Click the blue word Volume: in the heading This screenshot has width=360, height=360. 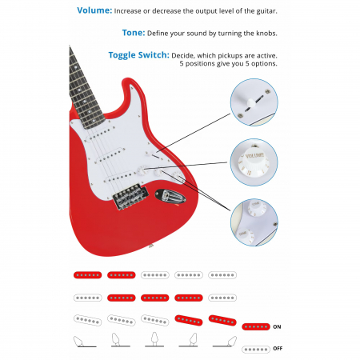(94, 10)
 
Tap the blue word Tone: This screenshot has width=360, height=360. (134, 33)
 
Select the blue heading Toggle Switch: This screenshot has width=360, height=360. (138, 55)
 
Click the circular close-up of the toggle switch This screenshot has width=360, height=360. (254, 102)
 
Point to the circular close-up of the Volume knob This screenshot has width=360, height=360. (254, 162)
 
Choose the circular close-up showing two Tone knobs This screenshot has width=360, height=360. (254, 222)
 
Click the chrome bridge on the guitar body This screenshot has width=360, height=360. (130, 197)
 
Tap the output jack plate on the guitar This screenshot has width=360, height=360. (170, 197)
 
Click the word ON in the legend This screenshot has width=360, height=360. (277, 326)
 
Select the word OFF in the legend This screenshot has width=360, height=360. (278, 349)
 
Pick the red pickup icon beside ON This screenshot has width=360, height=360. (256, 326)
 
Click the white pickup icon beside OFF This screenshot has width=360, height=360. (256, 349)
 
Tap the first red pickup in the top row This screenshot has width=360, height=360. (87, 275)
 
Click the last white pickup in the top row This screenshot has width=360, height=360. (222, 275)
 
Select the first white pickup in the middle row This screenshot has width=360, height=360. (87, 298)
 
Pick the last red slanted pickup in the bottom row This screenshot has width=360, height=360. (222, 321)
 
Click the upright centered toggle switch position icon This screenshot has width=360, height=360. (154, 339)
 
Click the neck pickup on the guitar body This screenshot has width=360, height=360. (100, 134)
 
